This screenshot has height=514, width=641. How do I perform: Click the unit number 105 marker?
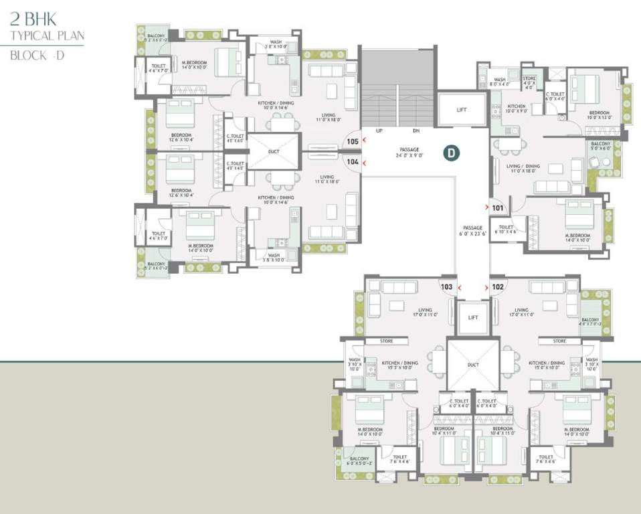(353, 141)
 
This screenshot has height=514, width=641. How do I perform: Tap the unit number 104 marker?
(353, 162)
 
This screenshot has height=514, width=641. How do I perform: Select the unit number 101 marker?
(497, 207)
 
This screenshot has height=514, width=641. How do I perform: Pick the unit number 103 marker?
(447, 286)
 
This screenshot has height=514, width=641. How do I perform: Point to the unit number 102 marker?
(497, 286)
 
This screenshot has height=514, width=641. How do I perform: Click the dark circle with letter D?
(452, 153)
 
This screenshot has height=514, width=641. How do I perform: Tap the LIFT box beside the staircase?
(462, 109)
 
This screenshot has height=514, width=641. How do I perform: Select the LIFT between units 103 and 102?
(473, 317)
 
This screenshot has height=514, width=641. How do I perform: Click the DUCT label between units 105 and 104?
(273, 151)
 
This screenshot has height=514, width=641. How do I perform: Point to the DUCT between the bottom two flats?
(472, 365)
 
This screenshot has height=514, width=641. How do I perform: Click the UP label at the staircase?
(379, 131)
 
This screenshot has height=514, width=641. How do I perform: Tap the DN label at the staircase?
(416, 131)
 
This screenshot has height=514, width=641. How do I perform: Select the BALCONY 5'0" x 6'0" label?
(600, 146)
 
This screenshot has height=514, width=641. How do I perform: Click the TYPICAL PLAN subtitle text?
(47, 36)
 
